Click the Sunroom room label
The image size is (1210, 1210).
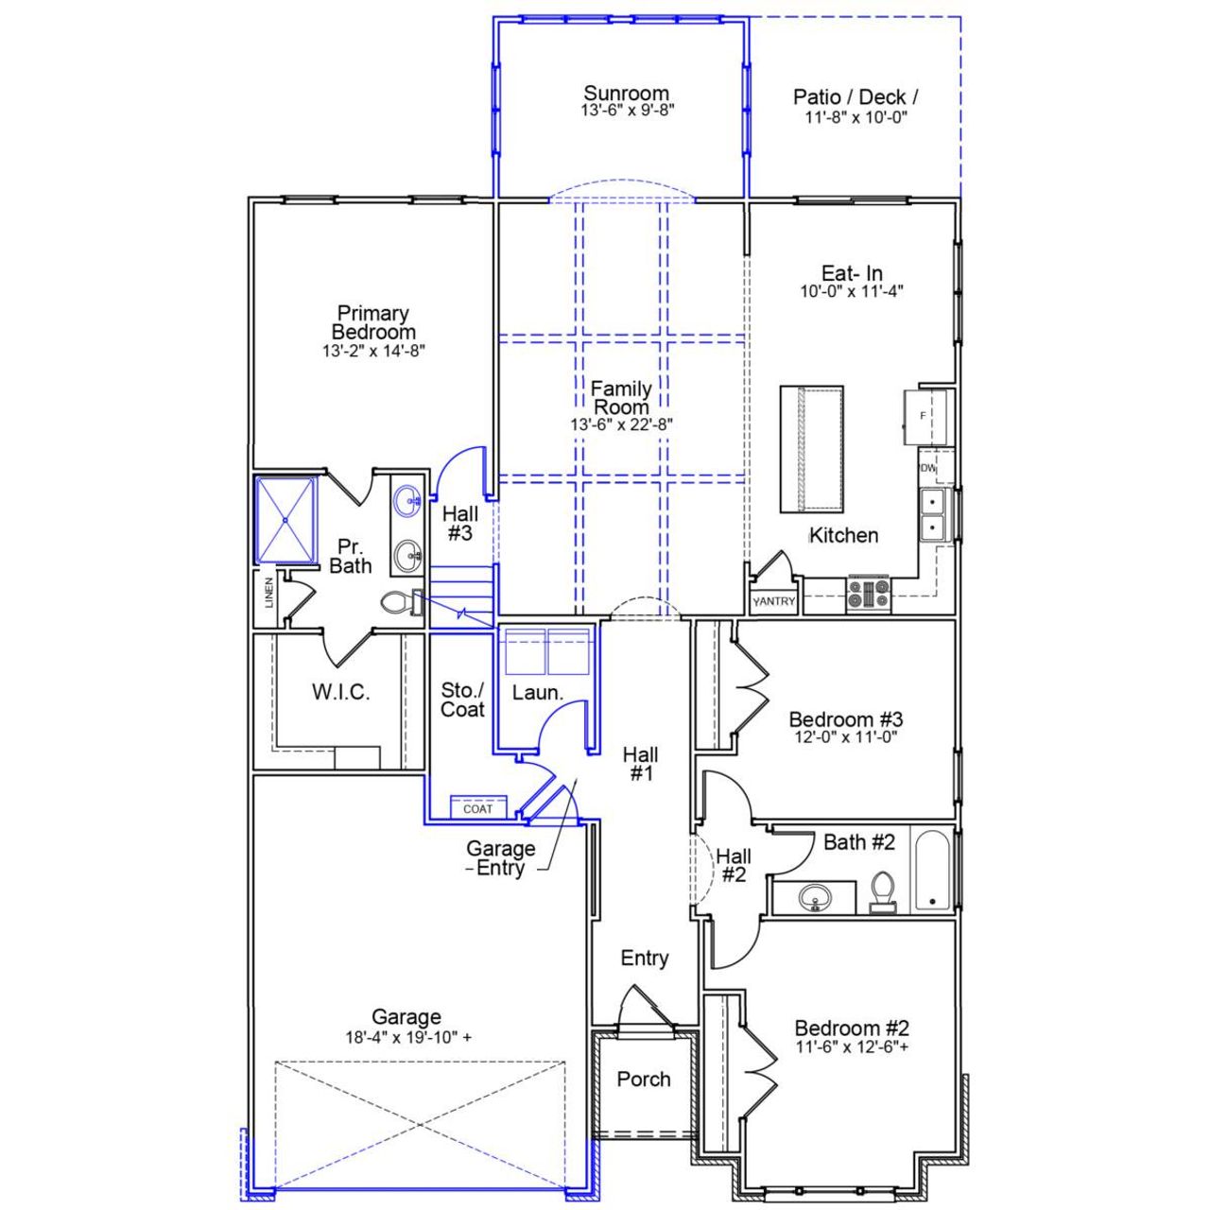point(626,93)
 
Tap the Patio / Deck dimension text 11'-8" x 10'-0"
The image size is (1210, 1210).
point(856,117)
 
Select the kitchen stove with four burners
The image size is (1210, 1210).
point(868,594)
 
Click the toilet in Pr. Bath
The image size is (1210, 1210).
point(402,602)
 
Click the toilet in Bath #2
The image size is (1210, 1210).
point(883,891)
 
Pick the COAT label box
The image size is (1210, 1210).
point(478,808)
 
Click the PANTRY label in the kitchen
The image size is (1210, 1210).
point(774,601)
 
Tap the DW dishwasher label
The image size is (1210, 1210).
point(927,468)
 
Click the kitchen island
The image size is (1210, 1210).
point(811,449)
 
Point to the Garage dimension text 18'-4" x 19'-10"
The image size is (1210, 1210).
point(407,1037)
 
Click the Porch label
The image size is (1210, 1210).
point(644,1079)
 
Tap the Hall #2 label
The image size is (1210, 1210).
point(734,866)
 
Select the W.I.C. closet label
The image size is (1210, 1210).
point(340,692)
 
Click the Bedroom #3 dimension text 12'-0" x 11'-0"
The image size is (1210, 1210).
point(845,737)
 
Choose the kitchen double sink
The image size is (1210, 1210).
point(933,514)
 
